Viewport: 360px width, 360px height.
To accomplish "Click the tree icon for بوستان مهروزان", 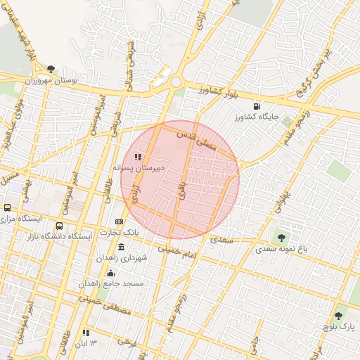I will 51,68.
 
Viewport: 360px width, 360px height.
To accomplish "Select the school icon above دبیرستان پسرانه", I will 139,156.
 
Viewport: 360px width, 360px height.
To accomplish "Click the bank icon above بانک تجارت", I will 119,221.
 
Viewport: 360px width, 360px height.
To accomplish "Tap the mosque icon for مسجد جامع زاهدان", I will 110,273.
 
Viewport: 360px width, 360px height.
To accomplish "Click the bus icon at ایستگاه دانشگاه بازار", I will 59,226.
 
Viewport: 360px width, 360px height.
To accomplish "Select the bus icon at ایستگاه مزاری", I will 7,207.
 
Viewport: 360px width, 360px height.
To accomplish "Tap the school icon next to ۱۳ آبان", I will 86,333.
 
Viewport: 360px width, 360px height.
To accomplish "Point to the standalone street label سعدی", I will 221,240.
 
